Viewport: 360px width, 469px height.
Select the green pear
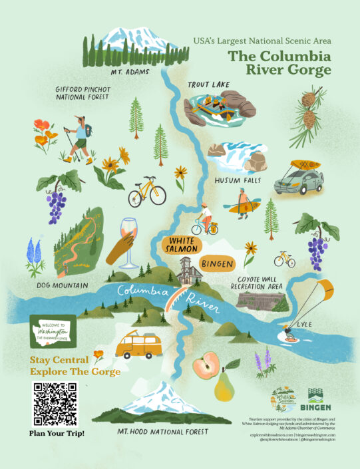(x=225, y=387)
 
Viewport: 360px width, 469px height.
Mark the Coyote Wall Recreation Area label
(x=257, y=281)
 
